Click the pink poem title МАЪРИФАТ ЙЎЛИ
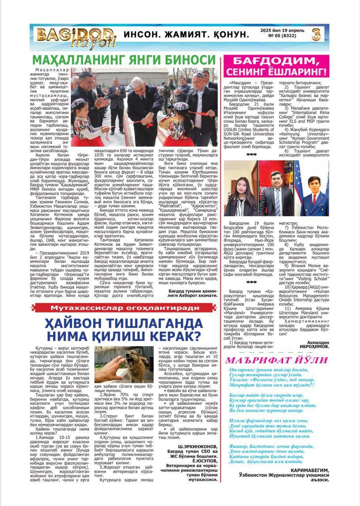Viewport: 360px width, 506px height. (x=276, y=360)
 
